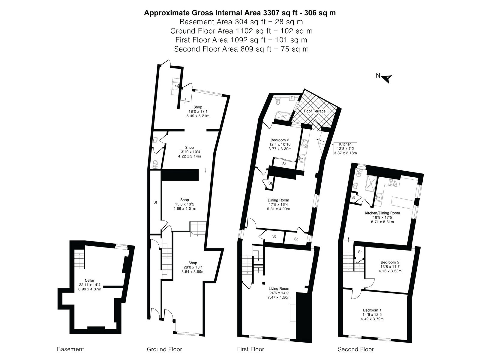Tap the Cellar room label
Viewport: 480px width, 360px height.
(x=89, y=280)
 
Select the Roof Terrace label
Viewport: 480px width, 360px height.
(x=315, y=111)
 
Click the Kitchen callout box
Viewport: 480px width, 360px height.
(x=345, y=148)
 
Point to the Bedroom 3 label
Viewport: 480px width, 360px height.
(x=280, y=140)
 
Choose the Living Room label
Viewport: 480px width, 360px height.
(x=279, y=289)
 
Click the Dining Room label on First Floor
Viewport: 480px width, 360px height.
(x=278, y=200)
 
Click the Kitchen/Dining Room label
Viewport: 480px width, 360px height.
(x=382, y=213)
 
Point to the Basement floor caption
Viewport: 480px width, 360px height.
(x=70, y=349)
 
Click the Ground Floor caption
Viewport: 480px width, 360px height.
(x=164, y=349)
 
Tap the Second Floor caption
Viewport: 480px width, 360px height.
(x=356, y=349)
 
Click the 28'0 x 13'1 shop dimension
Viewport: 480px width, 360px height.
(x=193, y=267)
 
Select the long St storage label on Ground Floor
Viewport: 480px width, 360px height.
(x=155, y=202)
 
